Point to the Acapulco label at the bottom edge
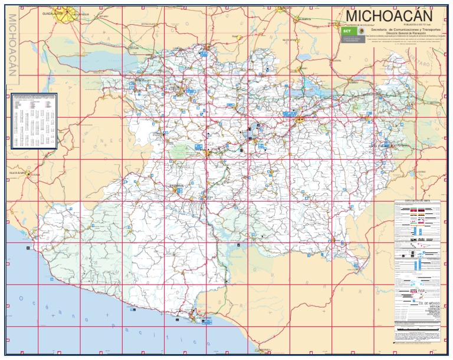260,350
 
